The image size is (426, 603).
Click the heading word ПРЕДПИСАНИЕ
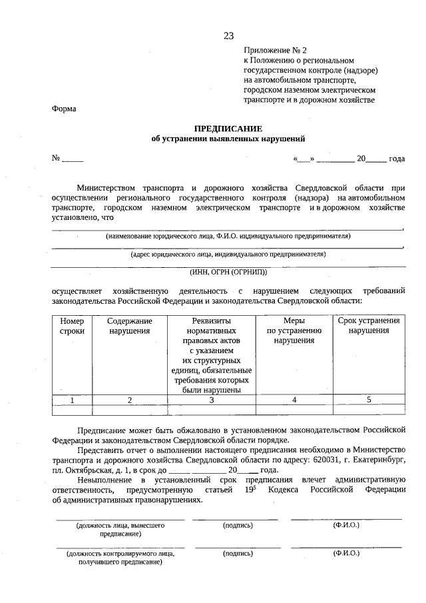[x=228, y=128]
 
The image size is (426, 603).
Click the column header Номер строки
[x=72, y=326]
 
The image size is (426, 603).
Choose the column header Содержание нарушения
[x=130, y=326]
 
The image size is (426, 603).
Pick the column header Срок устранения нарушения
[x=368, y=326]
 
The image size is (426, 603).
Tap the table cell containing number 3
[x=212, y=400]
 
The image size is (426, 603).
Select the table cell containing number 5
[x=368, y=400]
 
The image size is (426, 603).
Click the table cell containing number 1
[x=72, y=400]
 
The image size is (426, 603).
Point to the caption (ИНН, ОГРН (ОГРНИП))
[x=228, y=272]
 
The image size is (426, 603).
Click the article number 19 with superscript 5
[x=245, y=490]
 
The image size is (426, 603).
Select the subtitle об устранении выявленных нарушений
[x=228, y=139]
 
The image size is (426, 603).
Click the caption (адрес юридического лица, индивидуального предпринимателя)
[x=228, y=254]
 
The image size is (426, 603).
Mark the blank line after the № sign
[x=73, y=160]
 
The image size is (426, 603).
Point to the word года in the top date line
[x=397, y=159]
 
